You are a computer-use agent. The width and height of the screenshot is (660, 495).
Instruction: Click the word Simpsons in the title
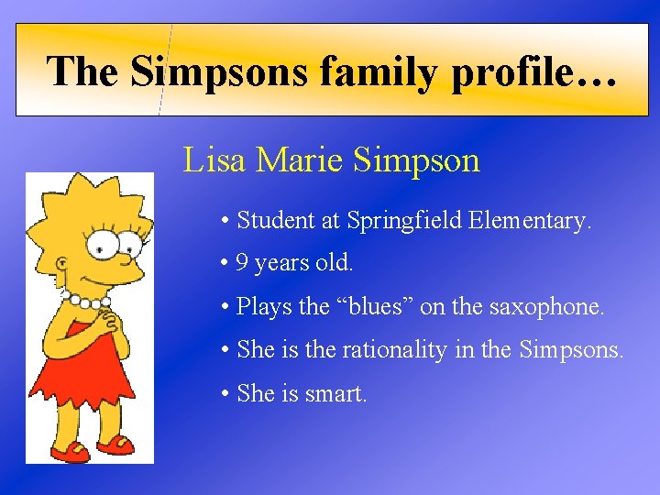point(218,71)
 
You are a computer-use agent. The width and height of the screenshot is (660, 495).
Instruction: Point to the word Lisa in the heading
point(214,159)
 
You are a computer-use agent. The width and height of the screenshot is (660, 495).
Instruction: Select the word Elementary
point(530,220)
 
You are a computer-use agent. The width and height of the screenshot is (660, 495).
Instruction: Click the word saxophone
point(552,306)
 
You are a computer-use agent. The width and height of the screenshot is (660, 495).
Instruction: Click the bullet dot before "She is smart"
point(225,394)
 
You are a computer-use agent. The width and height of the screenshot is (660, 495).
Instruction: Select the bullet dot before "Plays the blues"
point(225,307)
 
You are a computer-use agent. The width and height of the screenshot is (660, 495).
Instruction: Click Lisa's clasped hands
point(108,321)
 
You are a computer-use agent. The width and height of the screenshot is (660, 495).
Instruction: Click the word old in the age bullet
point(334,263)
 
